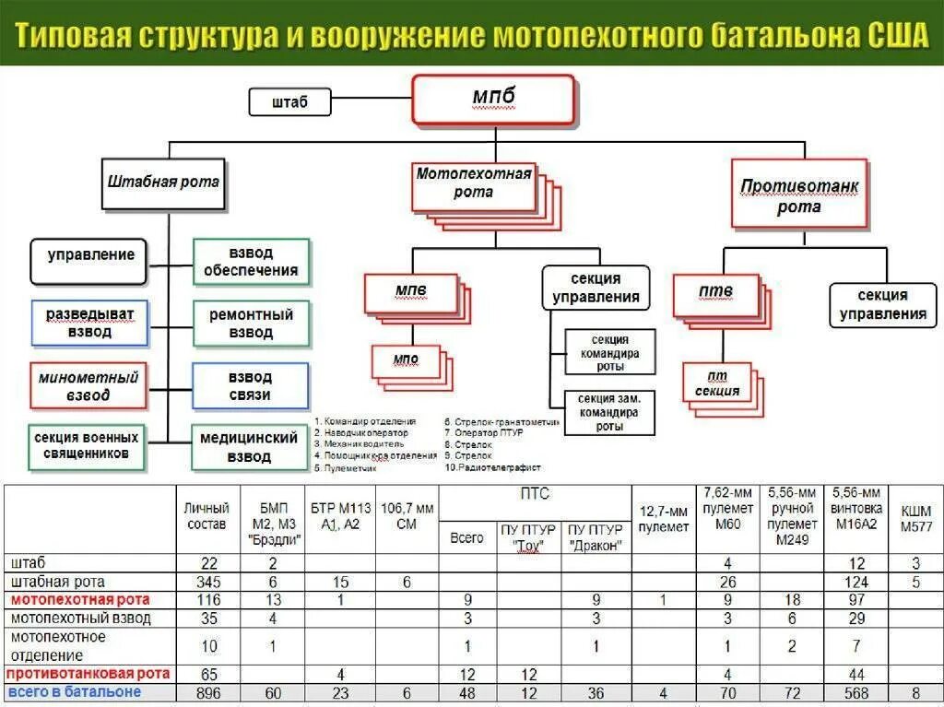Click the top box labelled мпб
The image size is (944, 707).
(494, 99)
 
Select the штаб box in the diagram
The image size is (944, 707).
(289, 101)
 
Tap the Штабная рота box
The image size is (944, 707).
(163, 183)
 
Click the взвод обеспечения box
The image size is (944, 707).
(251, 262)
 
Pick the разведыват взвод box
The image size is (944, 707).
(89, 323)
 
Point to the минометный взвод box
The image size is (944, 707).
(88, 386)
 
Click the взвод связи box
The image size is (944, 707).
(250, 386)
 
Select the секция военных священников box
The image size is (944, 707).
(88, 446)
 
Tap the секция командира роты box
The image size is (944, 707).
(609, 351)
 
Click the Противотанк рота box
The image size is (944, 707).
(799, 195)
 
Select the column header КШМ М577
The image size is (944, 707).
(914, 518)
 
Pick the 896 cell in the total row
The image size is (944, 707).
(208, 693)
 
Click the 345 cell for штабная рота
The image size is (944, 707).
(208, 582)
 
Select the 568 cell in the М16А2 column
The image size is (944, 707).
(856, 693)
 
